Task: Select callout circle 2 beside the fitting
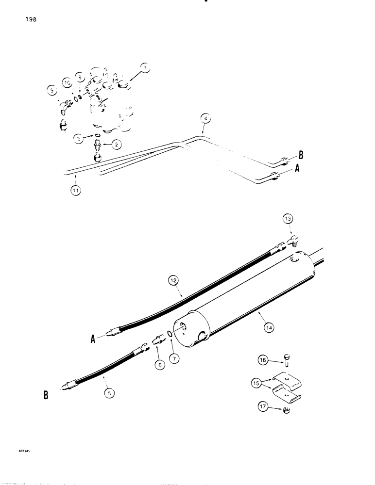click(x=117, y=144)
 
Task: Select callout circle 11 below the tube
click(x=76, y=191)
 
